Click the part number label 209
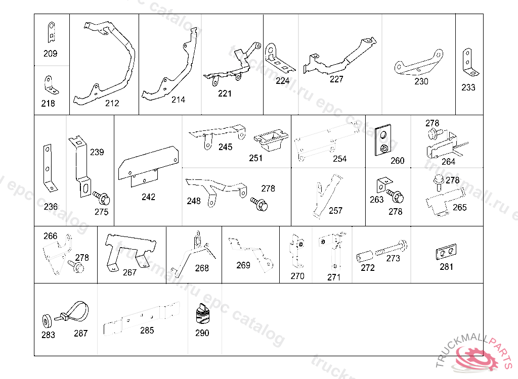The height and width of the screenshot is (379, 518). pyautogui.click(x=51, y=54)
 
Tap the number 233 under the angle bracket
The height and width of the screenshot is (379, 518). pyautogui.click(x=468, y=87)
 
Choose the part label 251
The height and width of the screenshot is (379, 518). pyautogui.click(x=256, y=158)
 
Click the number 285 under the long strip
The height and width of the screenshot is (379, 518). pyautogui.click(x=147, y=331)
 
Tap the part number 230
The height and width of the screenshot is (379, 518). pyautogui.click(x=421, y=81)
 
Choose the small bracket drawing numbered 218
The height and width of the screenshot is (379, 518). pyautogui.click(x=50, y=85)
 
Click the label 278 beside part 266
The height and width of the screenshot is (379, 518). pyautogui.click(x=82, y=258)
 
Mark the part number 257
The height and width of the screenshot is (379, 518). pyautogui.click(x=335, y=211)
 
